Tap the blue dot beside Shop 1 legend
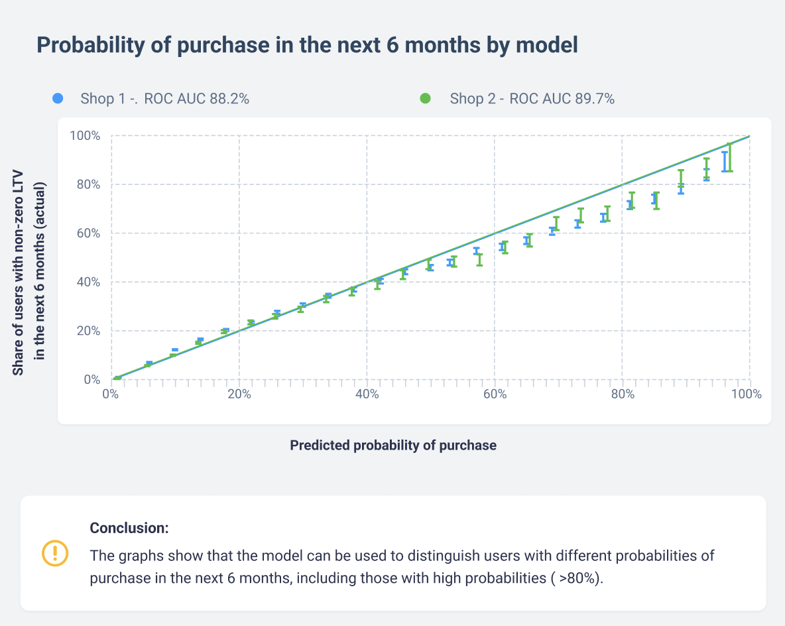58,99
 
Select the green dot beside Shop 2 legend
426,99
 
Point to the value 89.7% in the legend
595,99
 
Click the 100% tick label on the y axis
85,136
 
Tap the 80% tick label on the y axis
88,184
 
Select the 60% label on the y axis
88,233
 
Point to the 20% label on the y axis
88,331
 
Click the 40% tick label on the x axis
367,394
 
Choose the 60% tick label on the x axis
495,394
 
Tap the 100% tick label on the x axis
747,394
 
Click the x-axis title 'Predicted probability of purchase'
393,445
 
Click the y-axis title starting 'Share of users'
29,272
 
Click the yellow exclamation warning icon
55,553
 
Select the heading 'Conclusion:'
129,528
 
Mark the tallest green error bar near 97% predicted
730,157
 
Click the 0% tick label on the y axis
91,379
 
